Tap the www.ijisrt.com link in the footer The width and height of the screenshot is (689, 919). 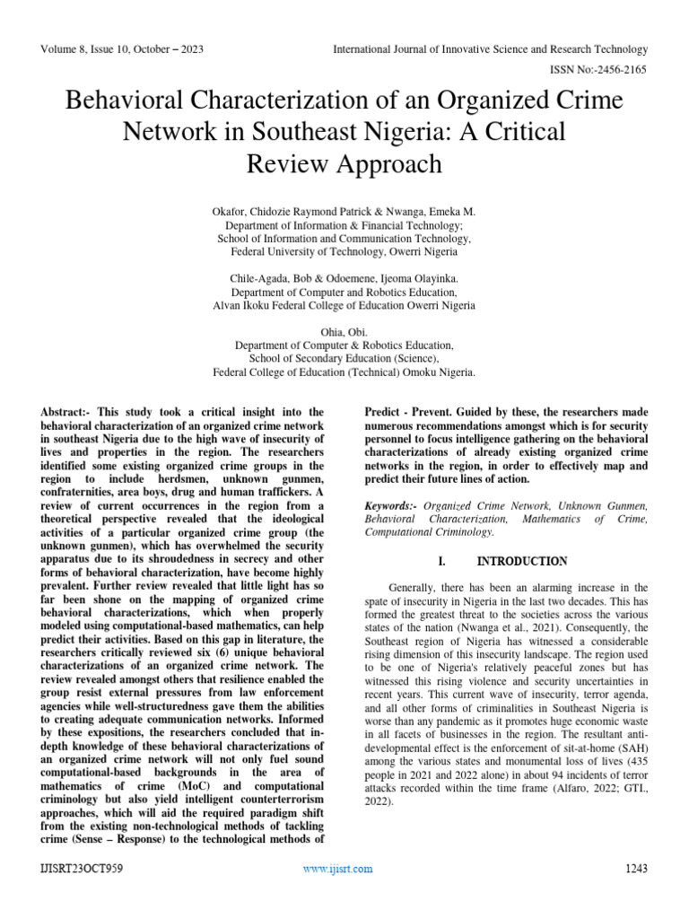tap(337, 869)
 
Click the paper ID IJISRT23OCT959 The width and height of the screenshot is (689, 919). tap(81, 869)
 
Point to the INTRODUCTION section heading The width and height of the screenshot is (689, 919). tap(521, 561)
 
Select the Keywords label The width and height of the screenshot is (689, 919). tap(392, 506)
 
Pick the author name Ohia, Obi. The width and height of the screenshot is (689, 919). tap(344, 331)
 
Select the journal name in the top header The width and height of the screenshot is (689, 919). tap(490, 48)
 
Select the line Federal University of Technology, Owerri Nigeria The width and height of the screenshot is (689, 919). tap(344, 252)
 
